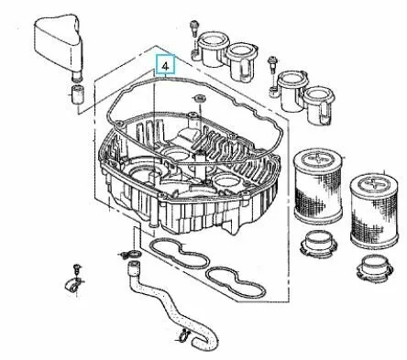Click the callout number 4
tap(165, 66)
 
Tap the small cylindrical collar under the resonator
tap(78, 94)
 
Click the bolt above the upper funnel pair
tap(193, 28)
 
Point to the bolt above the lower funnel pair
tap(271, 64)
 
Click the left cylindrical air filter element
tap(319, 186)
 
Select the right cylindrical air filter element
tap(374, 212)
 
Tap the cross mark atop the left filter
tap(316, 158)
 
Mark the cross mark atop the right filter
tap(373, 184)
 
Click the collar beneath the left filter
tap(318, 244)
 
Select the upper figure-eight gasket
tap(180, 254)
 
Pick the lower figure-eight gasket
tap(236, 283)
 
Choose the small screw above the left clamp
tap(77, 268)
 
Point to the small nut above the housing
tap(199, 99)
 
